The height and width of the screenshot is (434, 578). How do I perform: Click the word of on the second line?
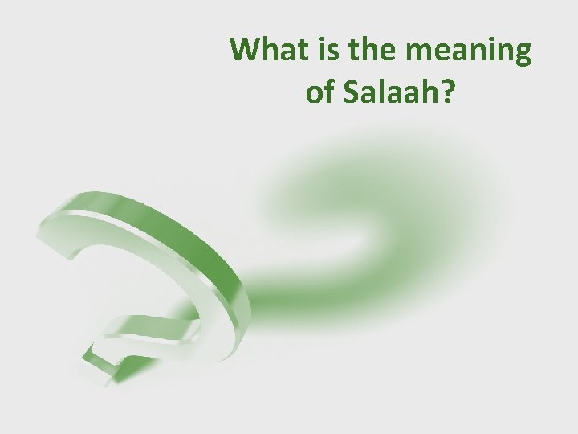click(321, 92)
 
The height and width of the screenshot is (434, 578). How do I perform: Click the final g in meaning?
click(521, 56)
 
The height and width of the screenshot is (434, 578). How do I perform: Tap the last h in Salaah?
click(431, 92)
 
